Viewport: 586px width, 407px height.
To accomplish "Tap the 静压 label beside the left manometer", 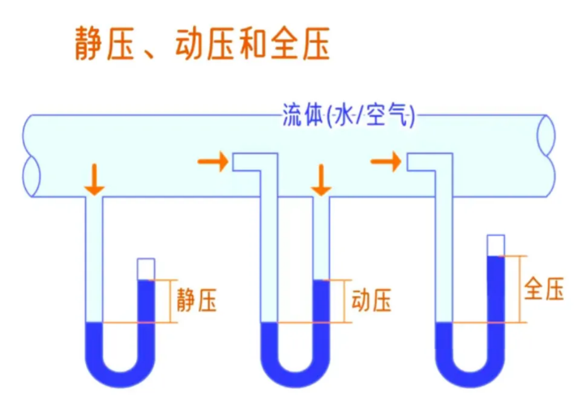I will (x=197, y=300).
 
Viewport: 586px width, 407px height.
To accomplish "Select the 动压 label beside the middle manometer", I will (x=371, y=301).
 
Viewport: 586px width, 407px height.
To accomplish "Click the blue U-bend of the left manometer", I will (x=120, y=371).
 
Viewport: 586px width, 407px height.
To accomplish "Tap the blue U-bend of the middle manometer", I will (x=295, y=371).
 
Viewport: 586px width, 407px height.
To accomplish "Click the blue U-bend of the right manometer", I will (x=469, y=371).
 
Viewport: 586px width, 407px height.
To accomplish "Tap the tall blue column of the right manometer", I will (x=495, y=297).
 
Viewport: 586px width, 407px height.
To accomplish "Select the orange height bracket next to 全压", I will (x=522, y=289).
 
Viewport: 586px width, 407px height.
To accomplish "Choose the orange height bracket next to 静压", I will (x=171, y=301).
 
